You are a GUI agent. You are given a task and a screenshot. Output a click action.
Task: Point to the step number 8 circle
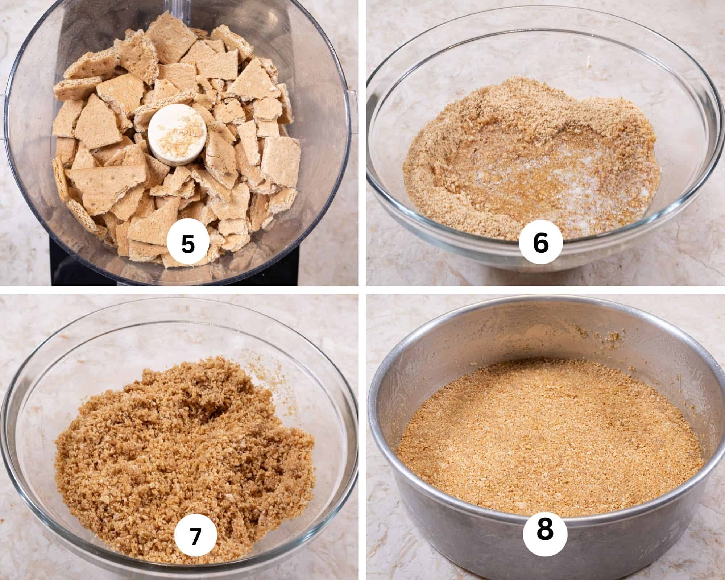click(545, 529)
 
